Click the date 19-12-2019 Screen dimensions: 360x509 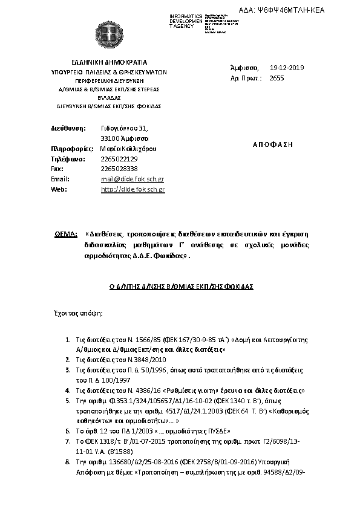(x=287, y=68)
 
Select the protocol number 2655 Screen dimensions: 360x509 (x=276, y=78)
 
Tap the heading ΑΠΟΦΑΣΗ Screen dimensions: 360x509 (x=271, y=144)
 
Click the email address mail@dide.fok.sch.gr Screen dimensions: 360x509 (x=133, y=180)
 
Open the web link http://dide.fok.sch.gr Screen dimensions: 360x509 (x=133, y=189)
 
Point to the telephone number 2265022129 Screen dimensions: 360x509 (x=119, y=158)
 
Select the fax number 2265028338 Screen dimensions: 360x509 (x=119, y=169)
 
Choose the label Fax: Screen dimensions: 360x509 (x=57, y=169)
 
